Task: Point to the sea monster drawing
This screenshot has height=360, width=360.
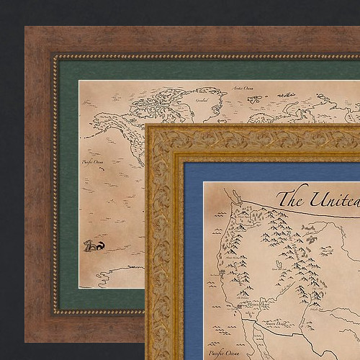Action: point(94,246)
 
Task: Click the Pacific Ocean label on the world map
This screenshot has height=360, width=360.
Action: point(93,163)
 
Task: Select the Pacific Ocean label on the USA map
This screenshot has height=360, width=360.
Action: point(222,354)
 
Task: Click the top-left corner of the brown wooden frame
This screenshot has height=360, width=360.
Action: point(27,30)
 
